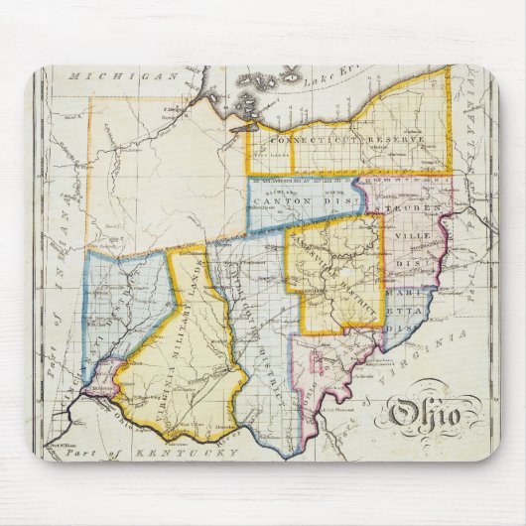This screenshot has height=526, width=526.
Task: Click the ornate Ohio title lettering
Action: pyautogui.click(x=423, y=412)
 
